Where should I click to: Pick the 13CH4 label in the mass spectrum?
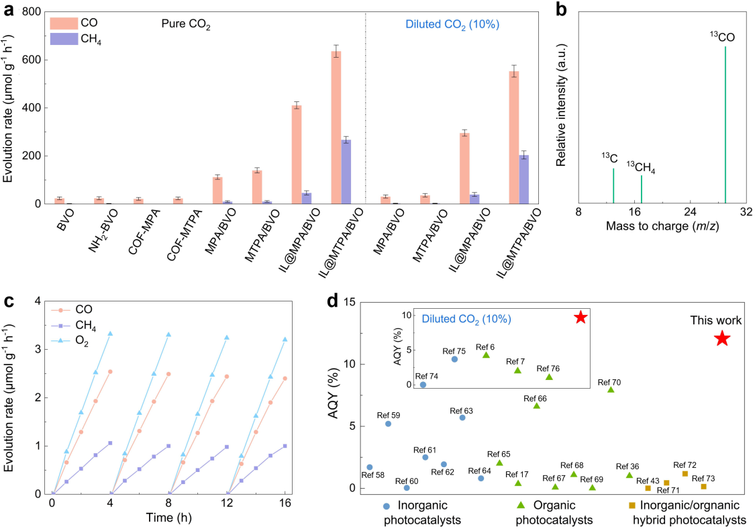click(x=640, y=167)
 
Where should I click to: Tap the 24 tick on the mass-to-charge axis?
click(x=690, y=211)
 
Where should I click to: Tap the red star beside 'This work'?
click(x=722, y=338)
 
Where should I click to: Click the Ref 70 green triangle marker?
click(x=611, y=389)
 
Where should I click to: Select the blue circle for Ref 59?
click(x=388, y=424)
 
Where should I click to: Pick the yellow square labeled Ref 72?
click(x=685, y=474)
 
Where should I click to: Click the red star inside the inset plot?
click(x=581, y=318)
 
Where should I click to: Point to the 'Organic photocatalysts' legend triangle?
click(x=520, y=505)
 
